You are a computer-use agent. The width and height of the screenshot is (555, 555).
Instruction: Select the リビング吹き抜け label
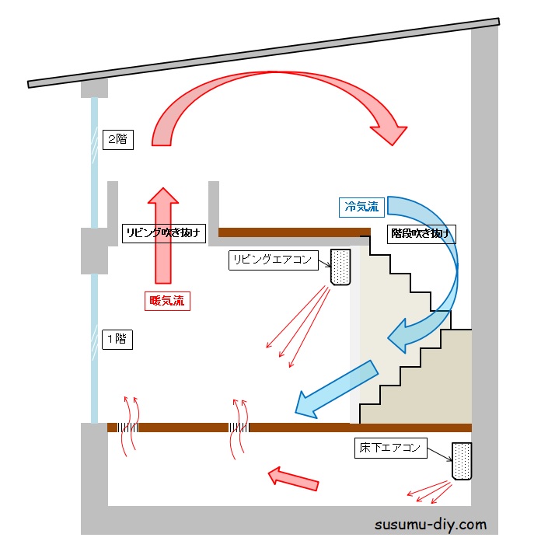(165, 232)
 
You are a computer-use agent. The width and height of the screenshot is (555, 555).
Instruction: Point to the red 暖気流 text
(167, 301)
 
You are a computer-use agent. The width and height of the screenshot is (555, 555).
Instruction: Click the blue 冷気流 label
(361, 207)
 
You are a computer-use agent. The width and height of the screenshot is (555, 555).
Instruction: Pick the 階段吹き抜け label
(420, 232)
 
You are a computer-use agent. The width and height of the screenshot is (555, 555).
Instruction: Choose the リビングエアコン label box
(274, 260)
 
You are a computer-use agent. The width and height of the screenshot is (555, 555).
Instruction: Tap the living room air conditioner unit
(341, 267)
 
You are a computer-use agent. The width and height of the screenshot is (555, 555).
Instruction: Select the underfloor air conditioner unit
(462, 462)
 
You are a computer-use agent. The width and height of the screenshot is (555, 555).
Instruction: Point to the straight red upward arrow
(163, 233)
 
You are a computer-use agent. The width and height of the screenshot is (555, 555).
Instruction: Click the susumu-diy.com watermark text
(431, 524)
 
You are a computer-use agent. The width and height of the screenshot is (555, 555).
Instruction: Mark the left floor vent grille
(129, 428)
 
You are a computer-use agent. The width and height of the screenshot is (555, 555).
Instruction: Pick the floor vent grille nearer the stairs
(239, 428)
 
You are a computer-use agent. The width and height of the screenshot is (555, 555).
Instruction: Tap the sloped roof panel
(264, 51)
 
